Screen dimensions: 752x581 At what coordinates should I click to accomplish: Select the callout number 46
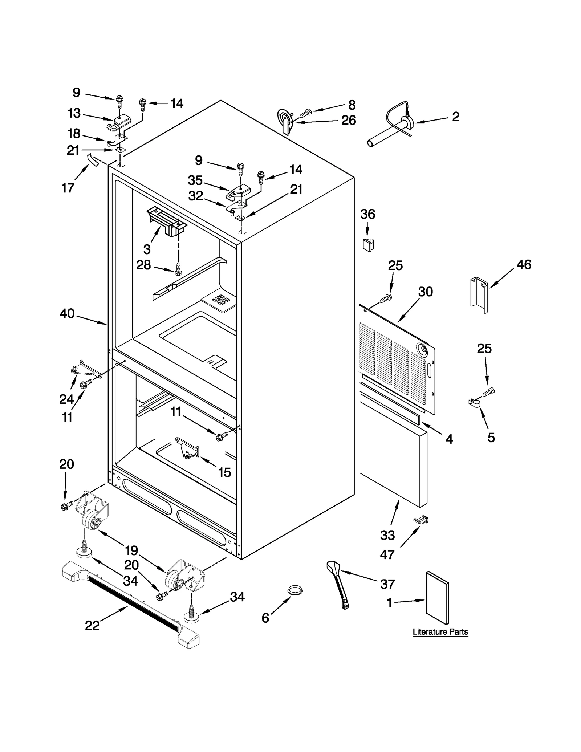[x=524, y=264]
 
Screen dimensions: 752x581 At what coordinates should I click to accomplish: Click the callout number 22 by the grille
[x=92, y=625]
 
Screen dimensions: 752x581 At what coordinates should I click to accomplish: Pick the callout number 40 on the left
[x=67, y=313]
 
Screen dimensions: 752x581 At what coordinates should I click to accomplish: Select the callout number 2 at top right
[x=455, y=117]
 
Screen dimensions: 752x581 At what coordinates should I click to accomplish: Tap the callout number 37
[x=387, y=584]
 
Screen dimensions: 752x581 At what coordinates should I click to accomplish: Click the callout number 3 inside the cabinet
[x=147, y=249]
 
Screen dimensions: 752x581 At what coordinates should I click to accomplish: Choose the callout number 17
[x=68, y=188]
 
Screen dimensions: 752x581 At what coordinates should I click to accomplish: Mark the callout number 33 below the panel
[x=387, y=535]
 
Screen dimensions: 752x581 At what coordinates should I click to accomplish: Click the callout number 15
[x=224, y=472]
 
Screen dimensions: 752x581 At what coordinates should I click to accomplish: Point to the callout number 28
[x=143, y=265]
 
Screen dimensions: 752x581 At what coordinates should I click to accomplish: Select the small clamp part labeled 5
[x=474, y=403]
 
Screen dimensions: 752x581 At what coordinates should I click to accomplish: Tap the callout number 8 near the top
[x=352, y=105]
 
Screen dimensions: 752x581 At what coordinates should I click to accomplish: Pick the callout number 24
[x=66, y=399]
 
